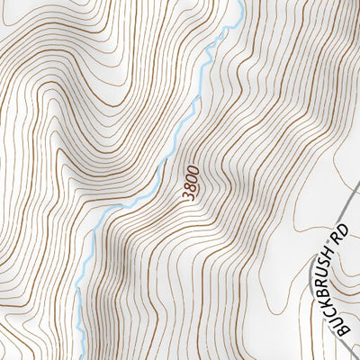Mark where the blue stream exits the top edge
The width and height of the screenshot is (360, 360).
pos(241,2)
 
